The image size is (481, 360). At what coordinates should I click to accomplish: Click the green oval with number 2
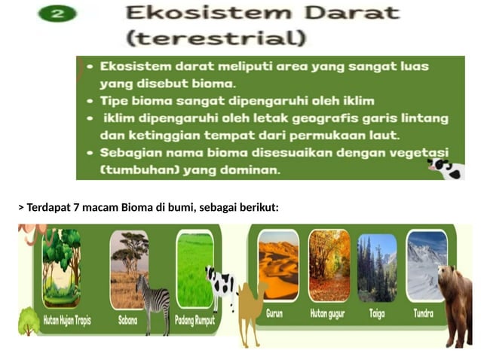(58, 14)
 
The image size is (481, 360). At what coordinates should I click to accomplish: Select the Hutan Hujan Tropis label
(66, 320)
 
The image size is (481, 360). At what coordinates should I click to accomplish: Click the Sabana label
(127, 319)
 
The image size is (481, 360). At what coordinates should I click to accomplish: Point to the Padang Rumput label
(195, 320)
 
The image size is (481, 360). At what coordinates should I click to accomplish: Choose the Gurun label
(274, 313)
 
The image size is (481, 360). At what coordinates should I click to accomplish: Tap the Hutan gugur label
(329, 313)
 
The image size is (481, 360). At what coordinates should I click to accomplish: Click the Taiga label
(377, 313)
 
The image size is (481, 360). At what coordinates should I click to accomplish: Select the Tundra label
(424, 313)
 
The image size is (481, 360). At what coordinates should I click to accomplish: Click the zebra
(154, 301)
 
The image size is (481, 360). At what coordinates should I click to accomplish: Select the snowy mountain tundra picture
(426, 265)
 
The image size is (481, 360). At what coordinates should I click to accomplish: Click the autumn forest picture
(329, 265)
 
